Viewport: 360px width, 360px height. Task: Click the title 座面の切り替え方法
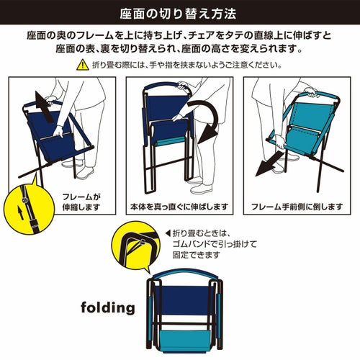pyautogui.click(x=178, y=14)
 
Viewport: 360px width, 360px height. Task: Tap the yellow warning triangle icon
pyautogui.click(x=83, y=65)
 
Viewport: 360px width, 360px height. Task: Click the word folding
pyautogui.click(x=108, y=308)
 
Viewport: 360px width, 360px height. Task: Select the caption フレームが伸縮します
pyautogui.click(x=81, y=202)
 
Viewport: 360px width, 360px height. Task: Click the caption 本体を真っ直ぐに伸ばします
pyautogui.click(x=179, y=207)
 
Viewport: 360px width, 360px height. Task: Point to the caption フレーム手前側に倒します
pyautogui.click(x=297, y=207)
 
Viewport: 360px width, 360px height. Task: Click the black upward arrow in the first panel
pyautogui.click(x=44, y=106)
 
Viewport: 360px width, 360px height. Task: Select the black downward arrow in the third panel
pyautogui.click(x=269, y=164)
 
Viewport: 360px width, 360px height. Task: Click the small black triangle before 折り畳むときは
pyautogui.click(x=168, y=233)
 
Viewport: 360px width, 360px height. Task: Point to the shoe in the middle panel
pyautogui.click(x=202, y=189)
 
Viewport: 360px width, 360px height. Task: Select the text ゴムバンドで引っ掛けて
pyautogui.click(x=215, y=244)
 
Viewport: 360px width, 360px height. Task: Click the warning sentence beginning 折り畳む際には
pyautogui.click(x=186, y=65)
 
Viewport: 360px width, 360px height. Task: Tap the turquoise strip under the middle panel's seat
pyautogui.click(x=171, y=143)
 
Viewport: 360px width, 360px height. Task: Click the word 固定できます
pyautogui.click(x=196, y=255)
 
